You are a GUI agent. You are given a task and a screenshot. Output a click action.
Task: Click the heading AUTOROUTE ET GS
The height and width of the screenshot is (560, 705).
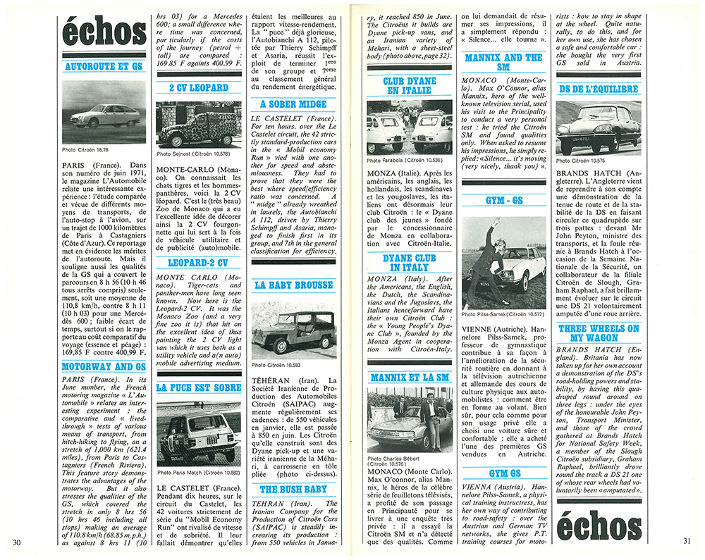103,67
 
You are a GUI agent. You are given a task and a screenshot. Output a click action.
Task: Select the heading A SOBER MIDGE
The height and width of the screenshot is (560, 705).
293,104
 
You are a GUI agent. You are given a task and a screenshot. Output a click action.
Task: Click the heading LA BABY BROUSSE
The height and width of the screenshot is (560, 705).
293,285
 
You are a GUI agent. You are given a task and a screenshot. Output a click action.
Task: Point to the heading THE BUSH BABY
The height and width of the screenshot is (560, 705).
293,489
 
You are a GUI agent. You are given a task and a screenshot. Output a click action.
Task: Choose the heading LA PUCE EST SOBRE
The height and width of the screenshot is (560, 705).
198,388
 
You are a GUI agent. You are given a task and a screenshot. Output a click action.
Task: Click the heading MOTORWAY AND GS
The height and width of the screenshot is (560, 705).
103,367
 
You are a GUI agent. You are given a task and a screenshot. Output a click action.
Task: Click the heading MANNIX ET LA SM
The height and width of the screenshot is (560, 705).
410,378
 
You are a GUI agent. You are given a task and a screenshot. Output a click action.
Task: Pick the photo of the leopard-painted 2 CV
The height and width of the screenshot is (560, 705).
198,125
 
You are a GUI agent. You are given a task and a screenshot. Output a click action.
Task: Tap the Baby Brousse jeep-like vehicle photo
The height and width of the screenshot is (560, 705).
293,329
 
